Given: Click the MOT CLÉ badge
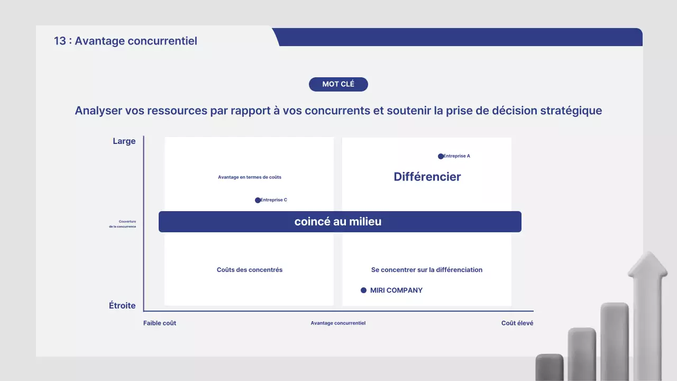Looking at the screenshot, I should click(x=338, y=84).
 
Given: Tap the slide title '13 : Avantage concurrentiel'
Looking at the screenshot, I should click(x=125, y=41).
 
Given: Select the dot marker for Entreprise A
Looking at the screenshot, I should click(x=441, y=156).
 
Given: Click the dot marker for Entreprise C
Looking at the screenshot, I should click(x=258, y=200).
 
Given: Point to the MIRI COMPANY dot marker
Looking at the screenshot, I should click(x=363, y=290).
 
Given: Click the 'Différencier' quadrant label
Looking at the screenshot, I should click(x=427, y=177).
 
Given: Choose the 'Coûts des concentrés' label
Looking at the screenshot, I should click(x=250, y=270).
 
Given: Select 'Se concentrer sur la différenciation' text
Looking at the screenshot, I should click(x=427, y=270).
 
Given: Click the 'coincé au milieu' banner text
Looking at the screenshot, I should click(x=338, y=222).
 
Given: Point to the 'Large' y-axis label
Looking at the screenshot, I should click(x=124, y=141).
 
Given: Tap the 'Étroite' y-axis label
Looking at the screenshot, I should click(x=122, y=306).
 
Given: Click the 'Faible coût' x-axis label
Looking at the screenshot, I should click(x=160, y=323).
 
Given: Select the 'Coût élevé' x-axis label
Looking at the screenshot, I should click(x=517, y=323).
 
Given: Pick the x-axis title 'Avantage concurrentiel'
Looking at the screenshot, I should click(x=338, y=323).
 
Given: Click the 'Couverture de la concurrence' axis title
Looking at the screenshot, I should click(x=127, y=224).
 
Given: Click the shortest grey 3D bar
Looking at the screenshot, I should click(x=550, y=367).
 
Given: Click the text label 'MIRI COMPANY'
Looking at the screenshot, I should click(x=396, y=290).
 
